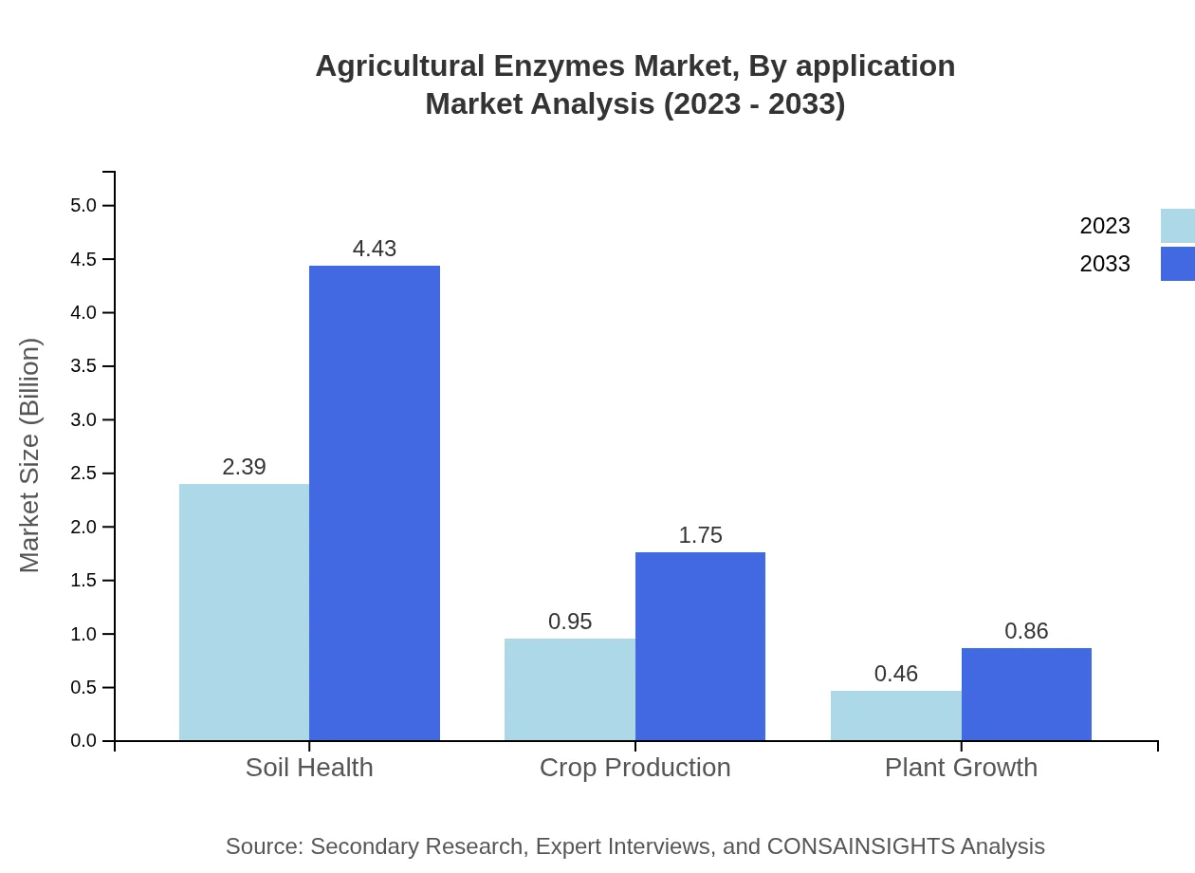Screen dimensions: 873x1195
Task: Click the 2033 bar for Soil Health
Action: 375,503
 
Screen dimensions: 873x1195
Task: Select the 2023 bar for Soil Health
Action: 244,612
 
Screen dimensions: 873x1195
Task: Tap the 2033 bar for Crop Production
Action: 700,646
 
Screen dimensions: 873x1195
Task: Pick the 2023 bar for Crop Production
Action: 569,689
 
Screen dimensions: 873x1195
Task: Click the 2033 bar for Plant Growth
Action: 1026,694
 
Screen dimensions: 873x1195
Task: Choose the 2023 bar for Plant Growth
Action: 895,715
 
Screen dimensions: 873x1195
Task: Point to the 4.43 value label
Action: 375,249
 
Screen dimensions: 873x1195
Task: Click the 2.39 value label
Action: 244,467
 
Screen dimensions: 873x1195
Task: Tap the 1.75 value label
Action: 700,535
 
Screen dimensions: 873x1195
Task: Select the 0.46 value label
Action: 895,674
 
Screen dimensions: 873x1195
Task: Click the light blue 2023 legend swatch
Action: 1177,226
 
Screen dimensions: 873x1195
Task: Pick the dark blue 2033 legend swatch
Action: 1177,264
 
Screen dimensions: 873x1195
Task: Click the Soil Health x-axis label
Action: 309,768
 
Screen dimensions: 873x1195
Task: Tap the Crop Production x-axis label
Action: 634,768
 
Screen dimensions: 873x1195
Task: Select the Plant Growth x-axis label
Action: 961,768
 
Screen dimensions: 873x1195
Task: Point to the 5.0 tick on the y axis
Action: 83,206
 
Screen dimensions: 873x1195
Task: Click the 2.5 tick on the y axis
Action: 83,474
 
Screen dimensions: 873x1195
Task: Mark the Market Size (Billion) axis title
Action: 30,455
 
